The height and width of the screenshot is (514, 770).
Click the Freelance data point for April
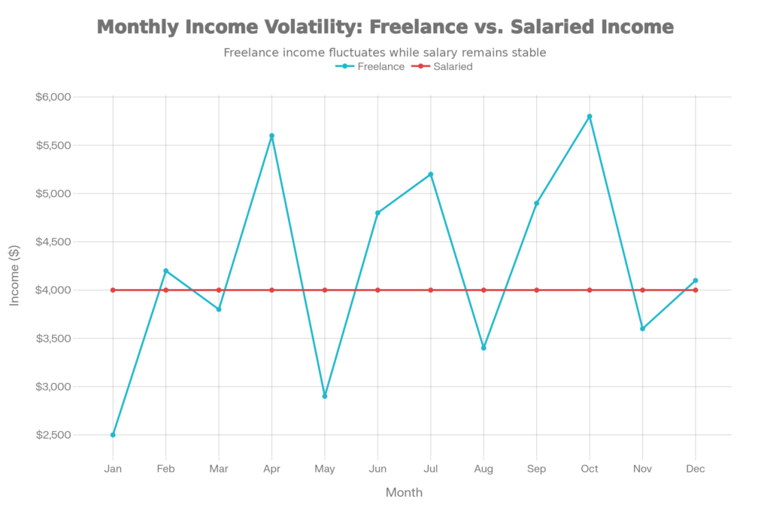click(271, 135)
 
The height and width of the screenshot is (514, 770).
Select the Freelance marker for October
click(590, 116)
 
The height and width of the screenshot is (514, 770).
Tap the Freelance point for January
click(113, 435)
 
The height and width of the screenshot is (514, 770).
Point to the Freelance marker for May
click(325, 396)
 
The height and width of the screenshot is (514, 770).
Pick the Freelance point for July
click(431, 174)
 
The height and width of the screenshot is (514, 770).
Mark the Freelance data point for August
click(484, 348)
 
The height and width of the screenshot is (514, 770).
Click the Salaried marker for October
click(590, 290)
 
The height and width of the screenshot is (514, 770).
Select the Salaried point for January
click(113, 290)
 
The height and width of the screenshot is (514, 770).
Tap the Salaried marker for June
click(377, 290)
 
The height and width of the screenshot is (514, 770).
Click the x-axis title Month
click(404, 493)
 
